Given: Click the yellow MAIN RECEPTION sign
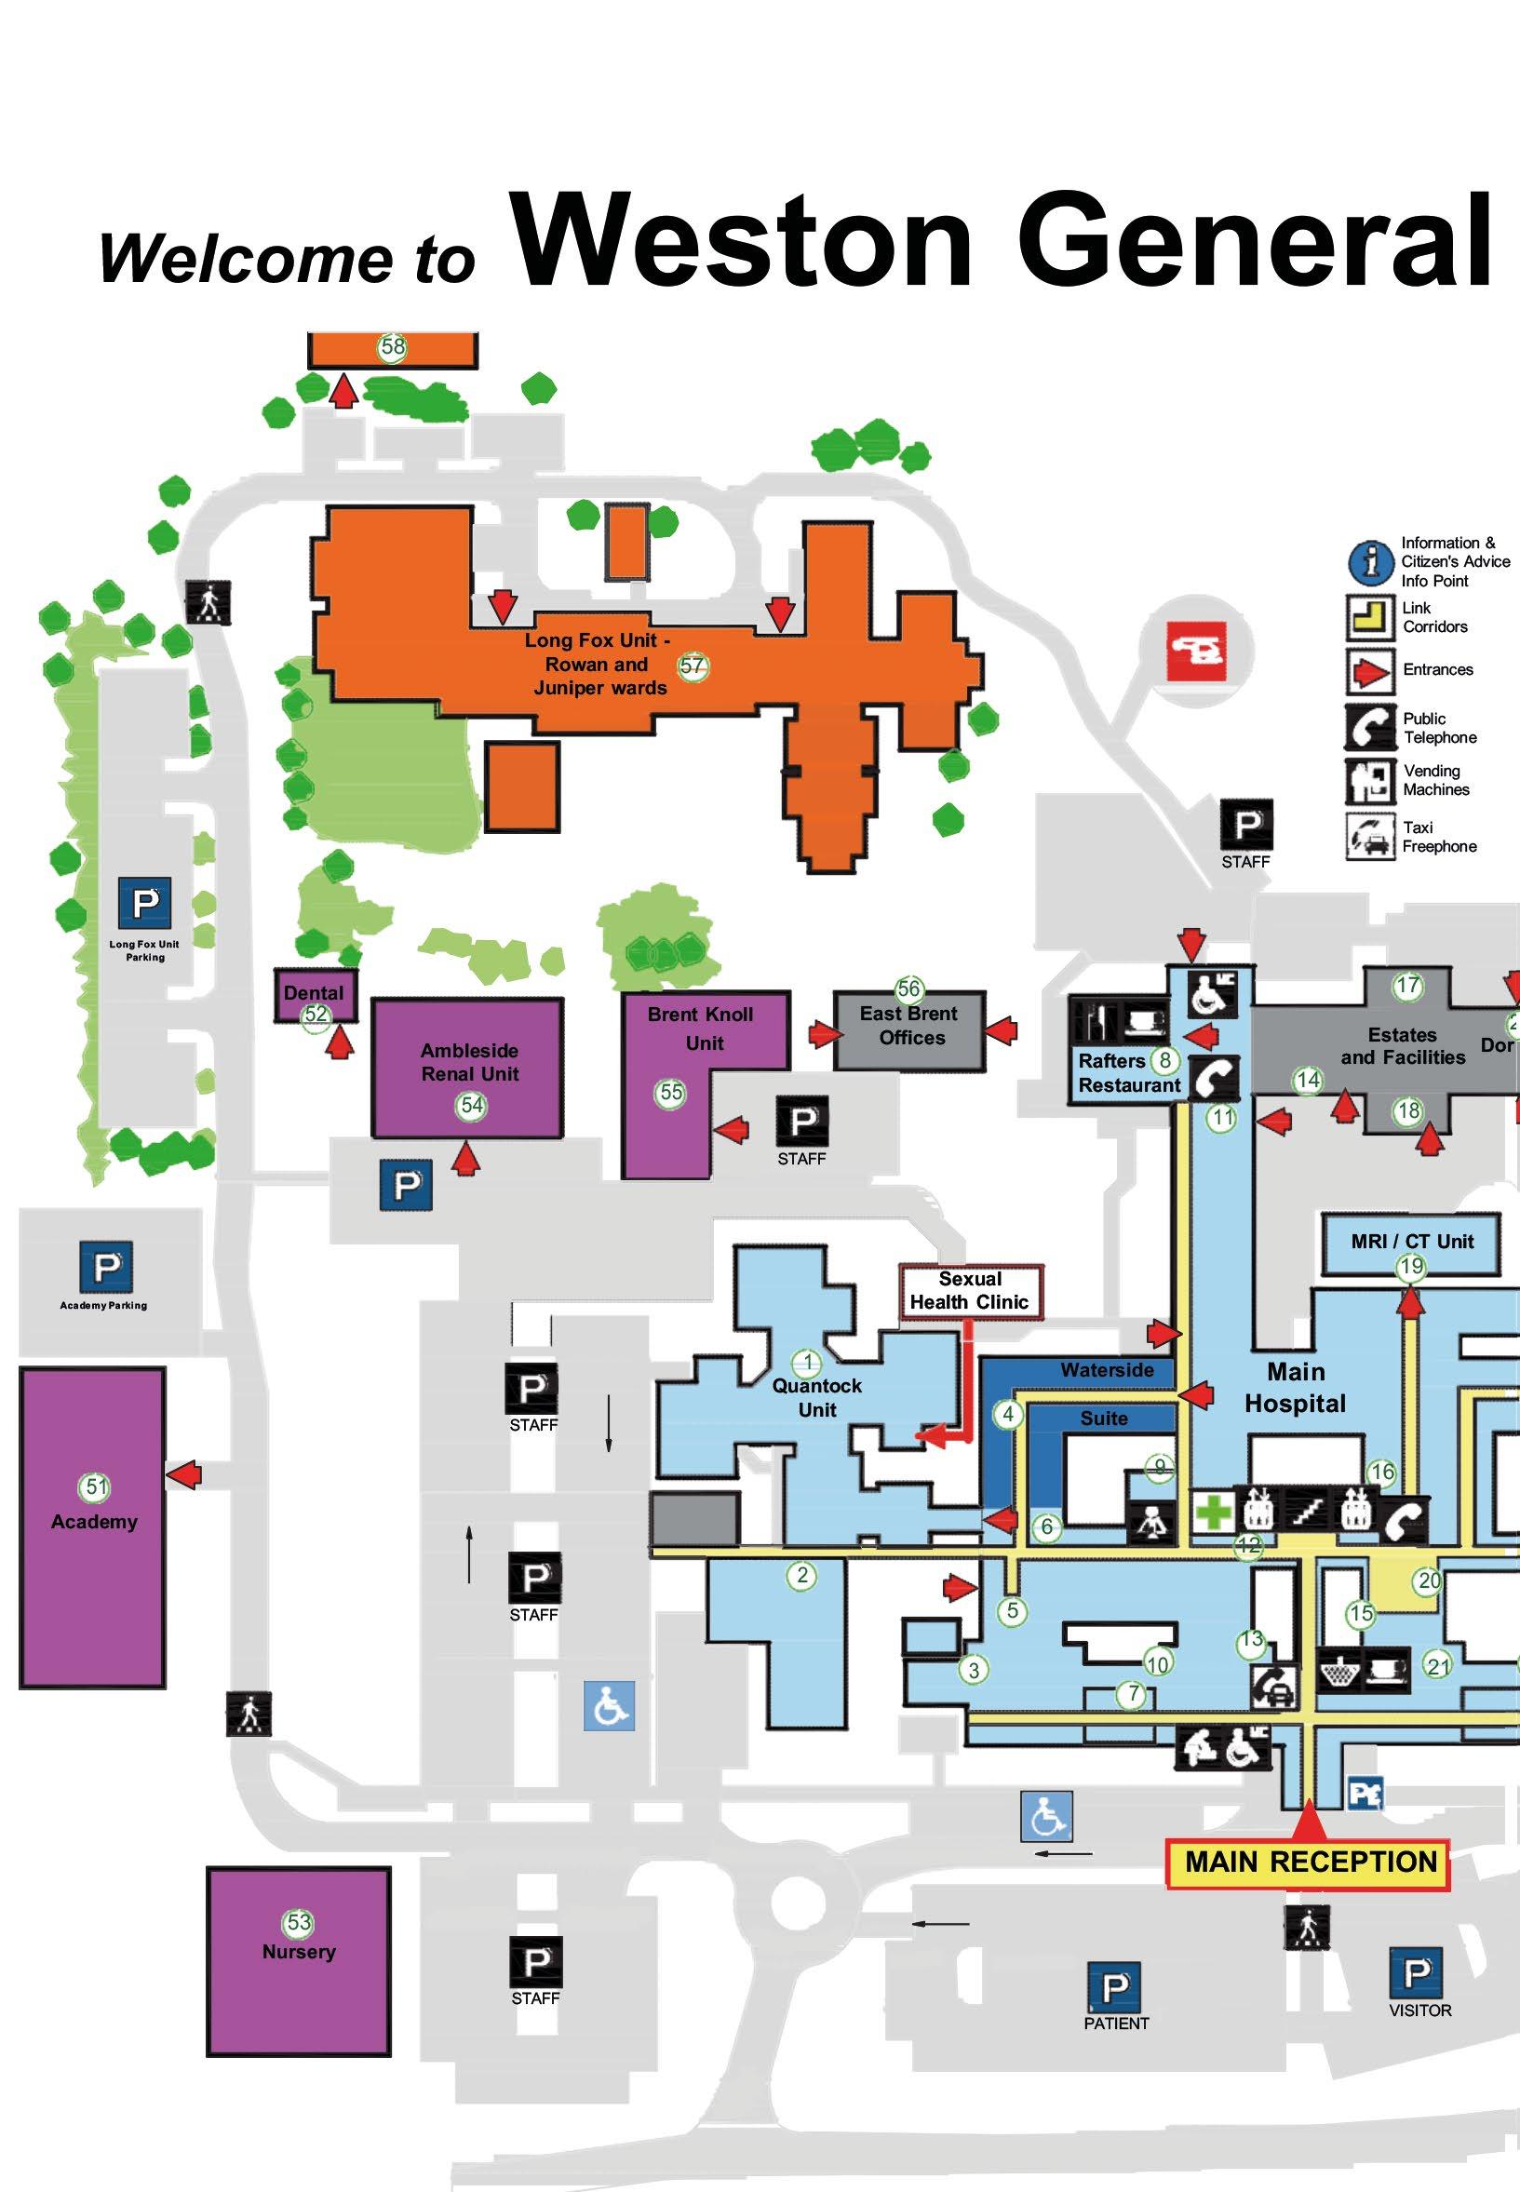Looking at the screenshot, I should (x=1310, y=1862).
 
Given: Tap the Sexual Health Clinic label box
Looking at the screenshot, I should (x=970, y=1291).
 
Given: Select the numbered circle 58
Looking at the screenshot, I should (x=393, y=346).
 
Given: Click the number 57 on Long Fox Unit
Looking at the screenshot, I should (x=693, y=666).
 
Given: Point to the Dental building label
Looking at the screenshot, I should (x=314, y=992).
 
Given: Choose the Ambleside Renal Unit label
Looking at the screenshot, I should (x=469, y=1062).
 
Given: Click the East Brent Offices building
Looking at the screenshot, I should (x=910, y=1029).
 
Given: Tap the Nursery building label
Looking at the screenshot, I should (x=299, y=1951).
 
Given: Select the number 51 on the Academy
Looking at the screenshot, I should (x=96, y=1486).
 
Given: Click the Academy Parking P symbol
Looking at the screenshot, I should (x=106, y=1268).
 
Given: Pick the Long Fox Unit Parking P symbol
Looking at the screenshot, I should (x=145, y=902).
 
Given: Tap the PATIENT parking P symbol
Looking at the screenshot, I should (x=1113, y=1986).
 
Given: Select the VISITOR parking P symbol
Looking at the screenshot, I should (x=1416, y=1974).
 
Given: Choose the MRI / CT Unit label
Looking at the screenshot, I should (x=1411, y=1242).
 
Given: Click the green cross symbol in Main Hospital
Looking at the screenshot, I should (x=1214, y=1513).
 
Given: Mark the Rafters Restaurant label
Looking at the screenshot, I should (x=1128, y=1073).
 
